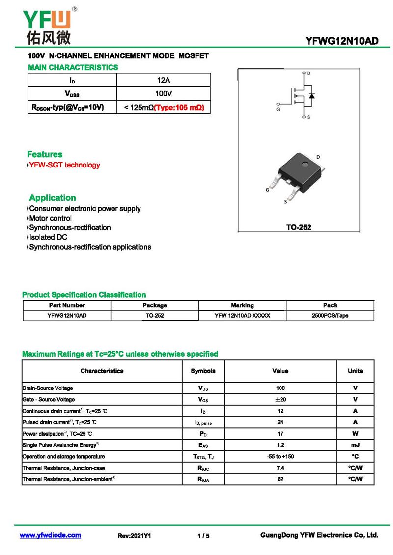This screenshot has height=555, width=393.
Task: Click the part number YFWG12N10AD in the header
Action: pyautogui.click(x=341, y=41)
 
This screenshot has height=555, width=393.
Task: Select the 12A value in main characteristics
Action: pyautogui.click(x=163, y=80)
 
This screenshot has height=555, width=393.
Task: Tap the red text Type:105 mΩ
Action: pyautogui.click(x=179, y=107)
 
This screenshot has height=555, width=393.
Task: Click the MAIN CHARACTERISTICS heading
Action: pyautogui.click(x=73, y=67)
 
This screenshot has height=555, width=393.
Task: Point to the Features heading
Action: pyautogui.click(x=45, y=154)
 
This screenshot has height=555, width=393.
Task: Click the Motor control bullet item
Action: pyautogui.click(x=50, y=218)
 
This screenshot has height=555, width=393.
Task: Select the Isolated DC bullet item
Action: pyautogui.click(x=48, y=237)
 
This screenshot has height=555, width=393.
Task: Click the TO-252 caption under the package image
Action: pyautogui.click(x=299, y=227)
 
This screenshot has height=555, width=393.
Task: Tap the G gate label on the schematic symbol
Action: pyautogui.click(x=278, y=110)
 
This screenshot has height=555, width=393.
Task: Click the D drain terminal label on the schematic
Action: pyautogui.click(x=309, y=73)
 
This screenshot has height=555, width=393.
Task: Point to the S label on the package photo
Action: pyautogui.click(x=285, y=201)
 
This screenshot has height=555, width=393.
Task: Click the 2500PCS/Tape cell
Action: pyautogui.click(x=330, y=316)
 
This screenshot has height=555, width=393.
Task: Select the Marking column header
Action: pyautogui.click(x=242, y=305)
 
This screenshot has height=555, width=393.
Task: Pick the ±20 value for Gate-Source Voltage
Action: pyautogui.click(x=280, y=400)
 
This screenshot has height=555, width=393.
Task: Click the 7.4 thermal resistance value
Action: pyautogui.click(x=280, y=468)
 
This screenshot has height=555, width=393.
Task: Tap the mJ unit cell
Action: pyautogui.click(x=355, y=445)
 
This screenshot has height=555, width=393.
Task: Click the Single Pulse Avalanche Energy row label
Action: pyautogui.click(x=61, y=445)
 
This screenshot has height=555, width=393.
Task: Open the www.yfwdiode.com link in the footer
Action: pyautogui.click(x=50, y=535)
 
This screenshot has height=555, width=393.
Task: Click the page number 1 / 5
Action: pyautogui.click(x=203, y=536)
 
